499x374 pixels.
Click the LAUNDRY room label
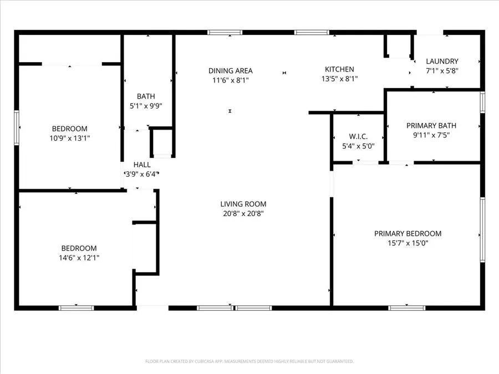[x=442, y=61]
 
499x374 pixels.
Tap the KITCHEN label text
[x=339, y=69]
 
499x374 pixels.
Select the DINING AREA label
[x=230, y=70]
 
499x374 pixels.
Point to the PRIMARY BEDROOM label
[x=408, y=233]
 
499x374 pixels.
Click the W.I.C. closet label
[x=358, y=137]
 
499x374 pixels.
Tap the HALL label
[x=142, y=165]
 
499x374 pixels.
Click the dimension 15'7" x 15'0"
[x=408, y=243]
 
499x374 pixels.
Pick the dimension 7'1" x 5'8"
[x=442, y=70]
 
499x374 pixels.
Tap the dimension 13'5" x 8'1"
[x=339, y=79]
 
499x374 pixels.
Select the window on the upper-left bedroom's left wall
[x=17, y=127]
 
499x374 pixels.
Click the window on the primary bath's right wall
[x=482, y=103]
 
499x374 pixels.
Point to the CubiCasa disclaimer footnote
[x=249, y=361]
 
